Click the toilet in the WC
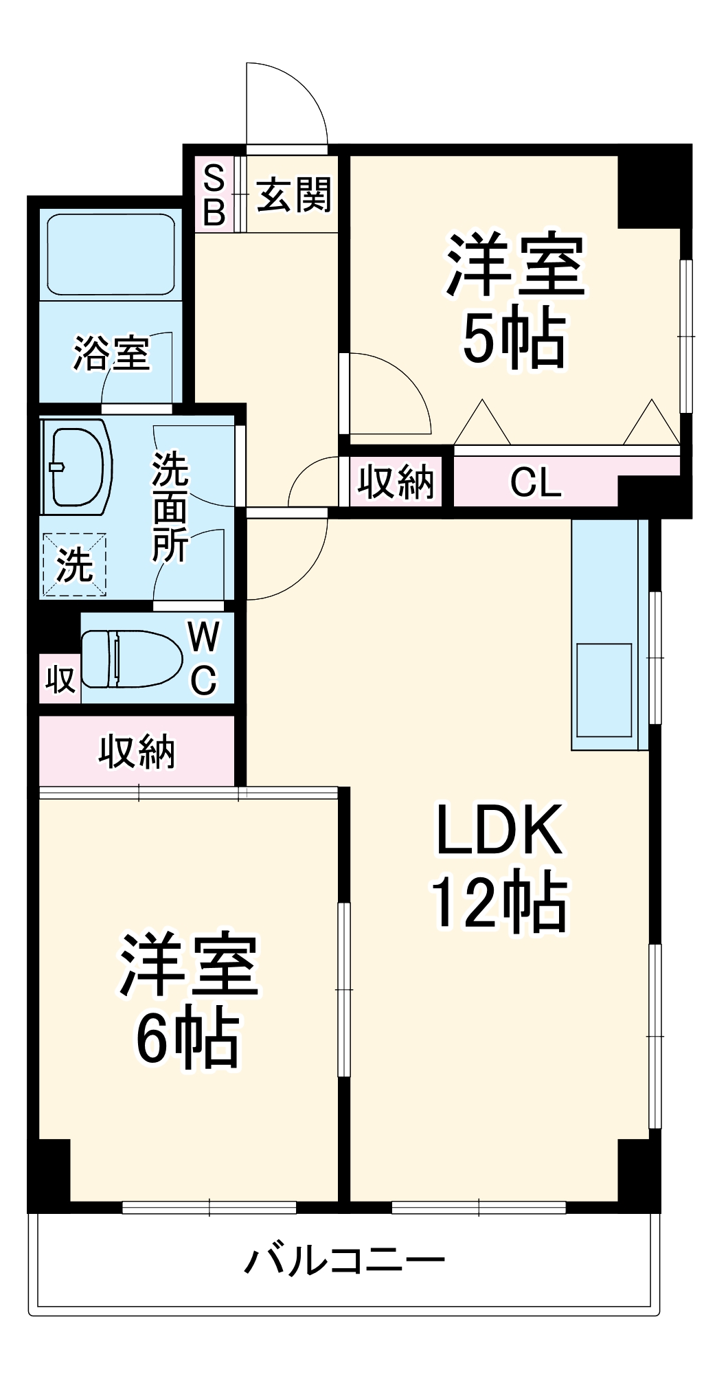[130, 659]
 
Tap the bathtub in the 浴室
[111, 255]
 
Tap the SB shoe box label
[214, 196]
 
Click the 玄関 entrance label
[294, 194]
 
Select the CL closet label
[535, 482]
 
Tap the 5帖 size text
[514, 339]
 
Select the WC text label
[203, 658]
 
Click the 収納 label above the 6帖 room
[137, 751]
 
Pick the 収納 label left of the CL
[396, 482]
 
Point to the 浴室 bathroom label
[111, 354]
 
